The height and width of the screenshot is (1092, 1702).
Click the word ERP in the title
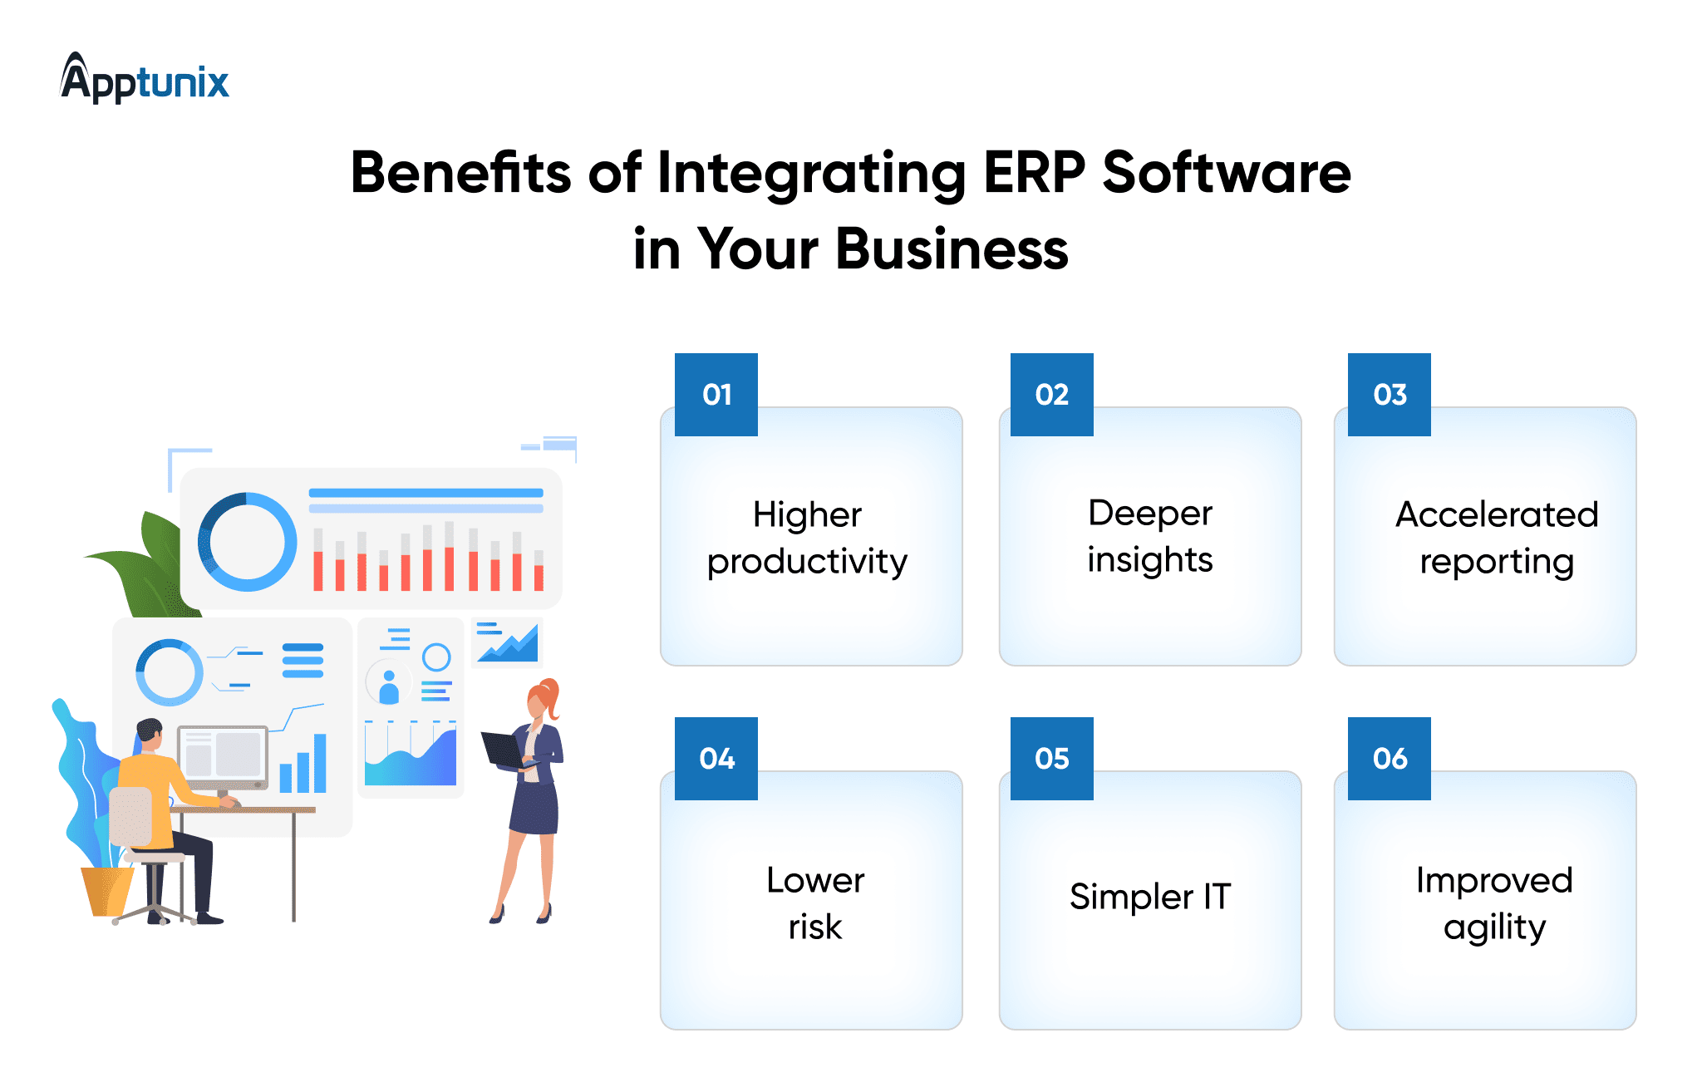point(1034,173)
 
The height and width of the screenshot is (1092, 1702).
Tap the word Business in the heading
point(952,248)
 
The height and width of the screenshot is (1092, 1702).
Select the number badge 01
point(716,395)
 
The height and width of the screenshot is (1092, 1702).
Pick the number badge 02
point(1052,395)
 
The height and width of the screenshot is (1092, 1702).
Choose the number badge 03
point(1390,395)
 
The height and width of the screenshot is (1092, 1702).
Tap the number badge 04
point(716,759)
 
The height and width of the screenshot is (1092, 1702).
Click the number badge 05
point(1052,759)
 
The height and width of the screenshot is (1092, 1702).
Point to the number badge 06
point(1390,759)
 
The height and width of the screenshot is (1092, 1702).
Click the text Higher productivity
point(807,539)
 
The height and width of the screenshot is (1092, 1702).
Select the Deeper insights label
point(1150,537)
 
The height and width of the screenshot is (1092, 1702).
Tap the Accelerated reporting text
point(1497,539)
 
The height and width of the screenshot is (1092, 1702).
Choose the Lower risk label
point(815,903)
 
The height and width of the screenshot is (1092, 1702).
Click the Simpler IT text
point(1150,896)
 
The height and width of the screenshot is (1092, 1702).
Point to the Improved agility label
point(1494,904)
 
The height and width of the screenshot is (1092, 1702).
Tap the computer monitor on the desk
point(223,756)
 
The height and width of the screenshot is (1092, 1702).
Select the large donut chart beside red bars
point(247,542)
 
